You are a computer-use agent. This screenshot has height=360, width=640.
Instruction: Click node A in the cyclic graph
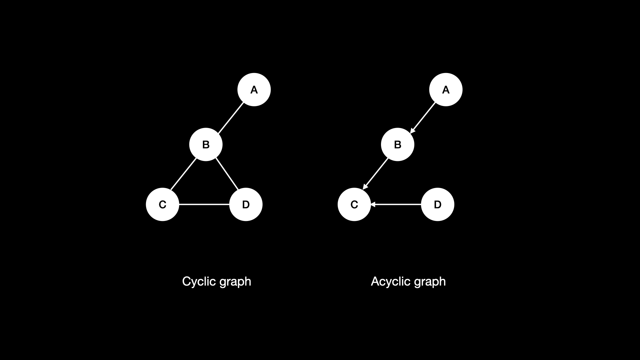(254, 90)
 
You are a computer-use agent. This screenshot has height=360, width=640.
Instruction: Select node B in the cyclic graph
(206, 145)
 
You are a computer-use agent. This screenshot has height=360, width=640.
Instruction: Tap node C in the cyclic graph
(162, 204)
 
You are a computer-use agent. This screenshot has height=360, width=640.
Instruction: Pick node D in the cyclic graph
(246, 204)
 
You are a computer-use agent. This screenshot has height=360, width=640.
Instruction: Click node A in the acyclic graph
(446, 90)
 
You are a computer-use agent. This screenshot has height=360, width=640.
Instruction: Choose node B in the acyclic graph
(397, 145)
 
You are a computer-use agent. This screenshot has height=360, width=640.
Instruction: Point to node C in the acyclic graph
(354, 204)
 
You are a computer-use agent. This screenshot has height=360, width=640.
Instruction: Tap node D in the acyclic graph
(437, 204)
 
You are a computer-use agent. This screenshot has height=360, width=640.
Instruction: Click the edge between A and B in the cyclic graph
(231, 118)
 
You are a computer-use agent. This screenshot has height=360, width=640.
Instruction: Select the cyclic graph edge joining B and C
(183, 174)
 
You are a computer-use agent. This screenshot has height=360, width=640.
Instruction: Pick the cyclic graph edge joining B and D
(227, 174)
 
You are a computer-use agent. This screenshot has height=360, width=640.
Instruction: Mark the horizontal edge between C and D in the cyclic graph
(204, 204)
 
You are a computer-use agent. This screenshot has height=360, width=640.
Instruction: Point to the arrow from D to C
(397, 204)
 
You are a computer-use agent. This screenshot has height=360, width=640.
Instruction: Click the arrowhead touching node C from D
(373, 204)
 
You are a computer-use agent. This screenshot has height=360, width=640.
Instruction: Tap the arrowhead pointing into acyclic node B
(412, 131)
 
